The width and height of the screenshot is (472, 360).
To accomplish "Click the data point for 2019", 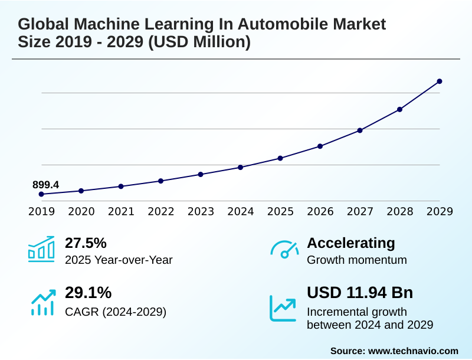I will [x=41, y=194].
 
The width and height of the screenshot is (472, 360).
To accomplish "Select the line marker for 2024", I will [x=241, y=167].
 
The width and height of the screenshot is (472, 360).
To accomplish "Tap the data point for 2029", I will [x=440, y=81].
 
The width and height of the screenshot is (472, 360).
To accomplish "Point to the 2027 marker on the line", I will [x=360, y=130].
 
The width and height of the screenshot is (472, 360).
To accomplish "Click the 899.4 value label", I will [x=45, y=185].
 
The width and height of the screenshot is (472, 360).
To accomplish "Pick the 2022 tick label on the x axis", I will [x=161, y=211].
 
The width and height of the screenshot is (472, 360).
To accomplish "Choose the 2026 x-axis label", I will [x=320, y=211].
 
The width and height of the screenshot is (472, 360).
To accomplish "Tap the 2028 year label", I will [x=400, y=211].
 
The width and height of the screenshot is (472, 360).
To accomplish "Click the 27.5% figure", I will [x=86, y=243].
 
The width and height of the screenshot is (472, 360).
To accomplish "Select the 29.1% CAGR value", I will [x=88, y=293].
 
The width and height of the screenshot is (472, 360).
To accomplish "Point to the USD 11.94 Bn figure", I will [x=360, y=293].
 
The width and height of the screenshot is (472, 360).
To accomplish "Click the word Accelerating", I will [x=351, y=243].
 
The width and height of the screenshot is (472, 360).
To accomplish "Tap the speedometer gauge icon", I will [x=284, y=250].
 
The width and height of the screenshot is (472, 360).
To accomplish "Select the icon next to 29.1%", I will [x=42, y=302].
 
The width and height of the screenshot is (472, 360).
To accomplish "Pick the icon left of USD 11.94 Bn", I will [x=283, y=308].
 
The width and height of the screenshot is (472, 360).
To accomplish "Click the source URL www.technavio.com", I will [x=413, y=351].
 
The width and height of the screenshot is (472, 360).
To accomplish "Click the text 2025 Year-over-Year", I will [x=119, y=260].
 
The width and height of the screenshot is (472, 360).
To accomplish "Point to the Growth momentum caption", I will [x=357, y=260].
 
